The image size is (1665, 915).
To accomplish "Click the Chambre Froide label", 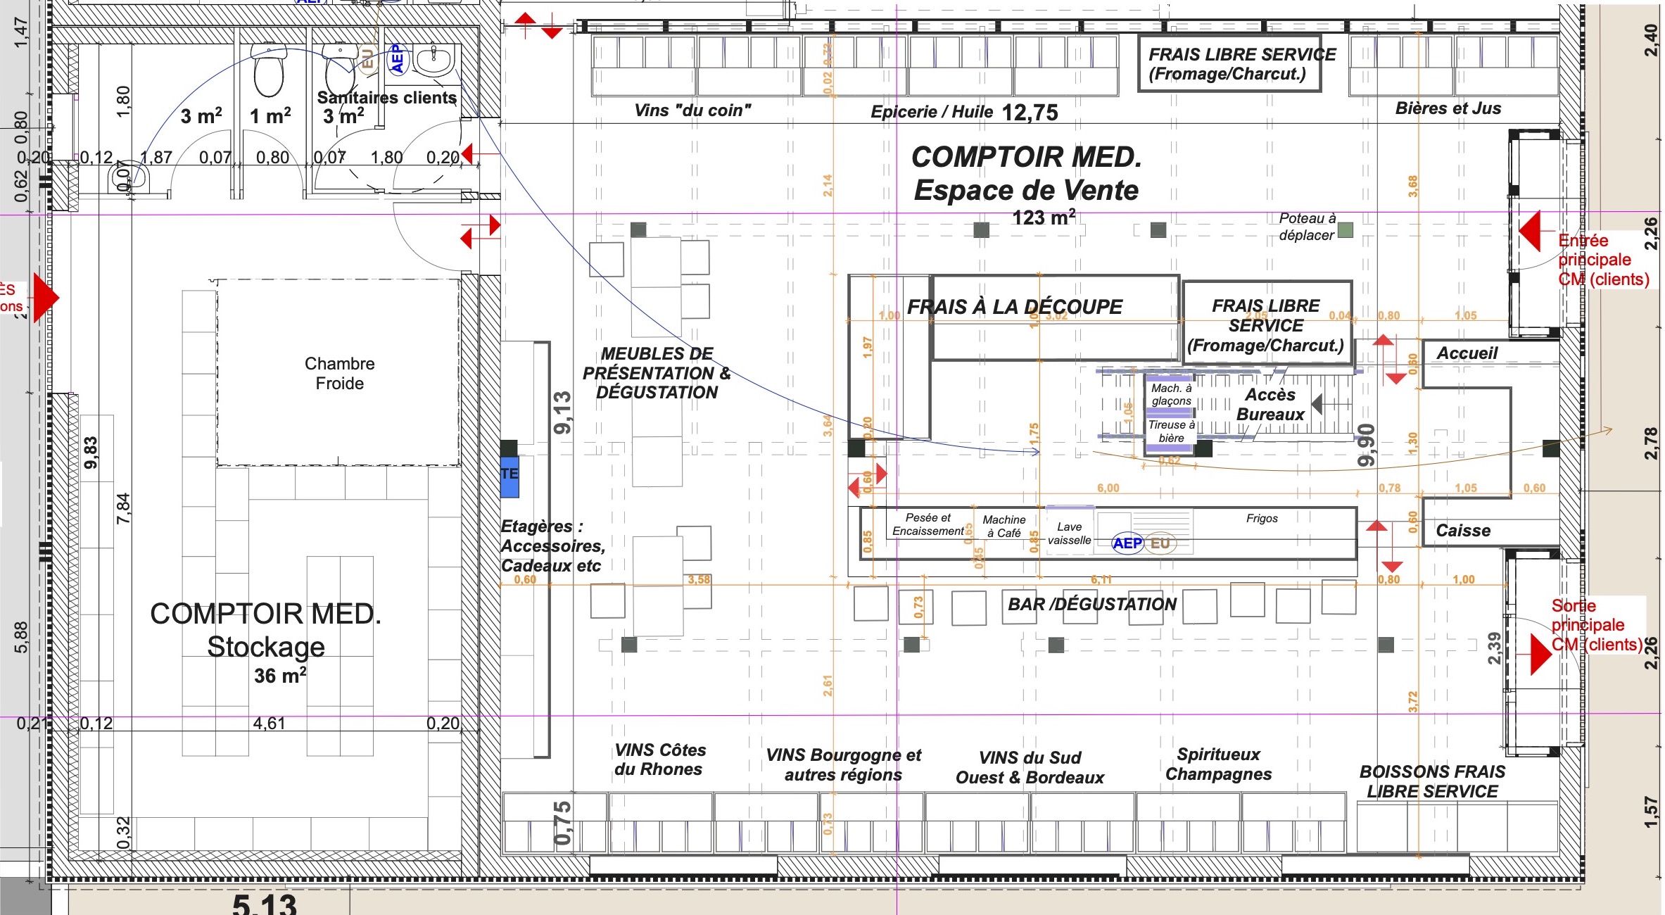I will click(339, 374).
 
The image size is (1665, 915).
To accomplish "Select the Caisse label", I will click(1463, 531).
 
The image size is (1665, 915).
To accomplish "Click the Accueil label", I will click(1467, 353).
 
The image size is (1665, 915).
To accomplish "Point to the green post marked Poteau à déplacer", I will click(1345, 229).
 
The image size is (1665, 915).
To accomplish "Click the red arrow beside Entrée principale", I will click(1530, 231).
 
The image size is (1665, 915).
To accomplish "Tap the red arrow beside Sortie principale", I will click(1540, 654).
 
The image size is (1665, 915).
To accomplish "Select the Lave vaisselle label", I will click(1069, 534).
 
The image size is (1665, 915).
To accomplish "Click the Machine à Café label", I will click(1004, 526).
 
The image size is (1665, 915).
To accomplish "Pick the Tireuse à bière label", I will click(1171, 431).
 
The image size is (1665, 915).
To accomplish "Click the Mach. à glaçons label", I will click(1172, 394).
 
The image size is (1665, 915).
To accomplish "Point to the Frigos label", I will click(1262, 519).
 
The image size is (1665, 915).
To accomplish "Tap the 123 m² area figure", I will click(1044, 217).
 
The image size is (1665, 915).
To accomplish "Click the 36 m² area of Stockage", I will click(280, 676).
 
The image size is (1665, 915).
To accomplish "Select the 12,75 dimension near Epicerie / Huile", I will click(1030, 113).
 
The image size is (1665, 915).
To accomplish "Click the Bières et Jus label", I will click(1448, 108).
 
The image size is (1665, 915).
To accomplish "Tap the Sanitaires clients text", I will click(386, 98).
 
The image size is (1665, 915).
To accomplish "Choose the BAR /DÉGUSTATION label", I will click(1091, 605).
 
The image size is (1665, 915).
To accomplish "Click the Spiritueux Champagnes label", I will click(1218, 764).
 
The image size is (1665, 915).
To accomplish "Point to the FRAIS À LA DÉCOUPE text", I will click(1014, 307).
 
